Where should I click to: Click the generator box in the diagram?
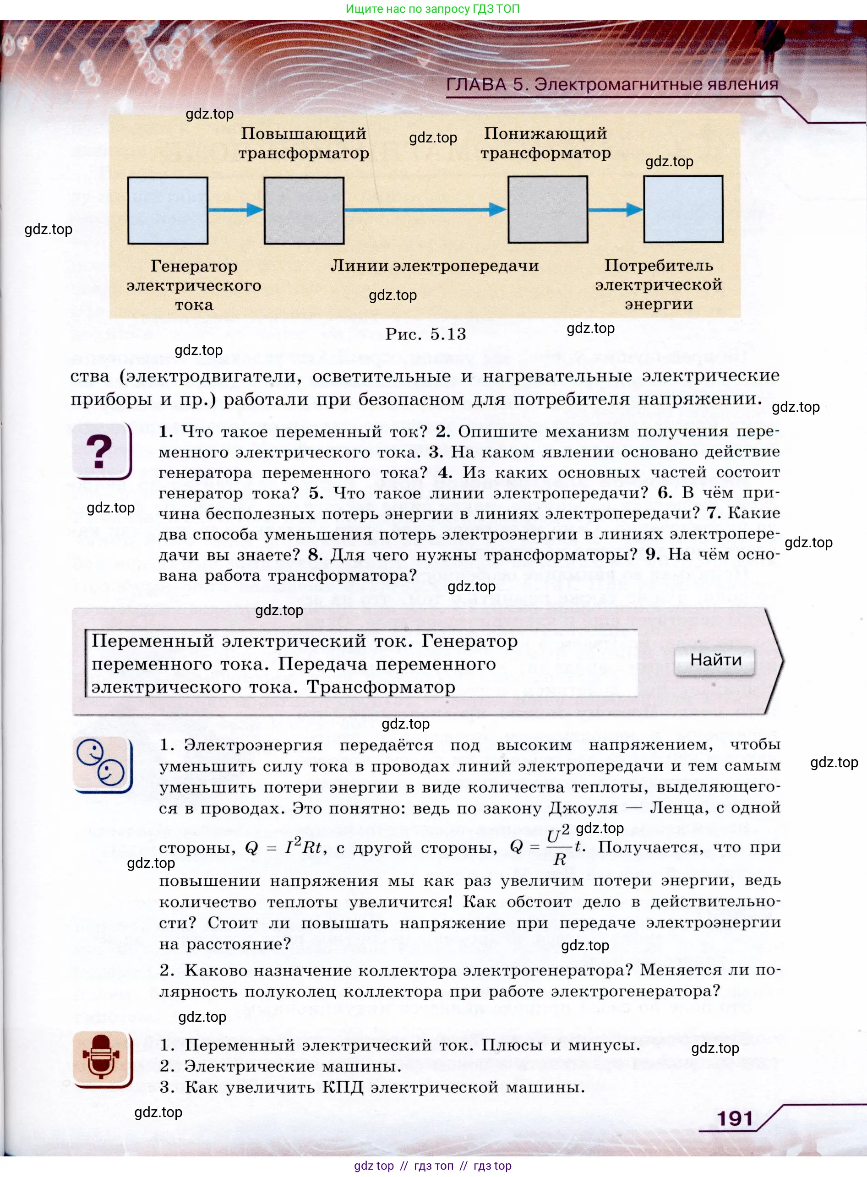pyautogui.click(x=168, y=210)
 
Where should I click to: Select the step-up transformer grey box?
pyautogui.click(x=304, y=210)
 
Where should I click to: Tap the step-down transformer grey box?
pyautogui.click(x=547, y=209)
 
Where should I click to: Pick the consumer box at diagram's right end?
pyautogui.click(x=683, y=209)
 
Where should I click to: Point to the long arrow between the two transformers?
pyautogui.click(x=425, y=209)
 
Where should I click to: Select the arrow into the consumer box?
pyautogui.click(x=615, y=209)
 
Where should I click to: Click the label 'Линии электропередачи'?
pyautogui.click(x=435, y=266)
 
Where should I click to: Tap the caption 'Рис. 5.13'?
pyautogui.click(x=425, y=334)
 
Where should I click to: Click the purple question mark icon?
pyautogui.click(x=101, y=451)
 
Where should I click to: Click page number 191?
pyautogui.click(x=735, y=1118)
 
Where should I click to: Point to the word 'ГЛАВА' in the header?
pyautogui.click(x=476, y=84)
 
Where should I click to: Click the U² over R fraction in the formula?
pyautogui.click(x=558, y=847)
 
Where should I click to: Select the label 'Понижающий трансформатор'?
pyautogui.click(x=545, y=143)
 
